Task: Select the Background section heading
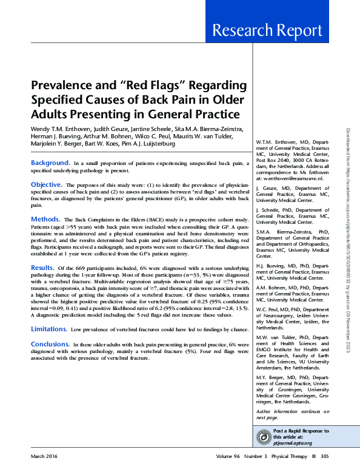[50, 163]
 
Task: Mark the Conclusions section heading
[50, 343]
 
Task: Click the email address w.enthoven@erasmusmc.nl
[290, 179]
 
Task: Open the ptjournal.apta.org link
[293, 443]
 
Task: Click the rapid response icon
[264, 437]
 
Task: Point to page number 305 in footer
[324, 456]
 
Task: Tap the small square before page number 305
[313, 456]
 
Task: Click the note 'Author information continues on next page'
[293, 414]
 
